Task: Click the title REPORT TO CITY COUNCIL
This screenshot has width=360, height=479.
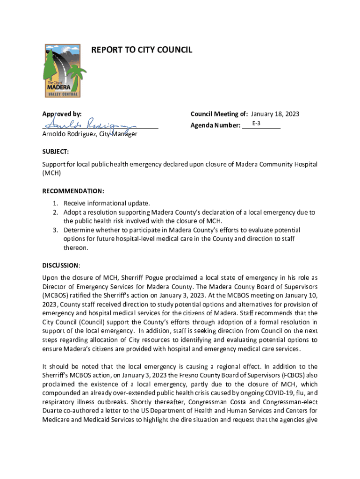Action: tap(141, 50)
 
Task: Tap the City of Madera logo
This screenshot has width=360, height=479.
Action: tap(62, 71)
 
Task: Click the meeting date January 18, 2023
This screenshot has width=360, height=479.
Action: tap(275, 114)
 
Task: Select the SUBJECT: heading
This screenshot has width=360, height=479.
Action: tap(56, 152)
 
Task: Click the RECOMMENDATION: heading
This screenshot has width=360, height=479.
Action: tap(73, 191)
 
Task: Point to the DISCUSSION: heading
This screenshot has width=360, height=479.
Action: tap(61, 265)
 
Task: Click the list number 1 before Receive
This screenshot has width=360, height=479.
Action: tap(55, 203)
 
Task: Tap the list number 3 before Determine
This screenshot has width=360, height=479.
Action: tap(55, 230)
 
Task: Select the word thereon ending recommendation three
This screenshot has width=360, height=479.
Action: tap(76, 248)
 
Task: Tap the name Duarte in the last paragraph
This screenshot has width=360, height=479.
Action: tap(53, 411)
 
